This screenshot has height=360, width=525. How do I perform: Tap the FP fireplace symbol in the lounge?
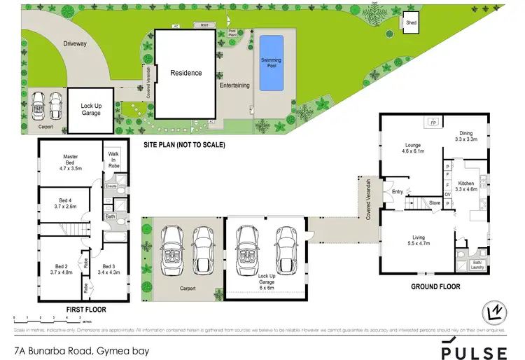click(x=433, y=122)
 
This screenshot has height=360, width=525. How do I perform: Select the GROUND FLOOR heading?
click(x=434, y=286)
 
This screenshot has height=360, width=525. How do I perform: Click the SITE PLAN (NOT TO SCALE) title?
click(x=183, y=145)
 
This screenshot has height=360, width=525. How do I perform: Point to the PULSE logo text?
click(x=473, y=349)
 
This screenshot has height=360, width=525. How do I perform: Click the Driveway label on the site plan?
click(x=74, y=43)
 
